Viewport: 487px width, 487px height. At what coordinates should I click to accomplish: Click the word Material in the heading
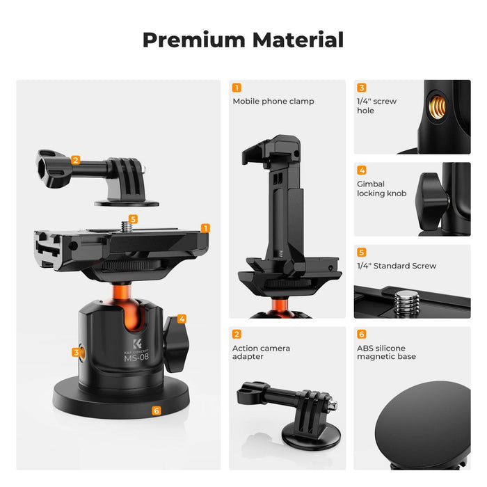(x=298, y=40)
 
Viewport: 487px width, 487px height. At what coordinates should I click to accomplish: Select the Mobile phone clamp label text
(x=273, y=102)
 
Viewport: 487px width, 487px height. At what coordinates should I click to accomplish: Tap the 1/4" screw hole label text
(x=376, y=106)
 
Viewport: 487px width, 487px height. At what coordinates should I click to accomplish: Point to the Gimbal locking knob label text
(x=381, y=189)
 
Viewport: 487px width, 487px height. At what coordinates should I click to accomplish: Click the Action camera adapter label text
(x=261, y=352)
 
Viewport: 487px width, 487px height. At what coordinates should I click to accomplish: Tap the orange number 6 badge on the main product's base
(x=156, y=410)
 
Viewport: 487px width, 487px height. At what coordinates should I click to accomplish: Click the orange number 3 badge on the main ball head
(x=76, y=352)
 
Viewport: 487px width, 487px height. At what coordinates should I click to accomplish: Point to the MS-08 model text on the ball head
(x=136, y=359)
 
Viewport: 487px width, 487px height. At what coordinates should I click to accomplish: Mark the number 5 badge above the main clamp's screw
(x=134, y=219)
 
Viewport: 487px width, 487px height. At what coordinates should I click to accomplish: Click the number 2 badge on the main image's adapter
(x=75, y=160)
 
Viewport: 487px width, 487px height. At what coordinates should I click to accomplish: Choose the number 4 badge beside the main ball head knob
(x=182, y=319)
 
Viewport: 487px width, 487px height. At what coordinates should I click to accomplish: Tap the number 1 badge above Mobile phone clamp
(x=237, y=88)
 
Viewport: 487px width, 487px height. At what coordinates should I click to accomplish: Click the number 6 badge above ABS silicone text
(x=361, y=334)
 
